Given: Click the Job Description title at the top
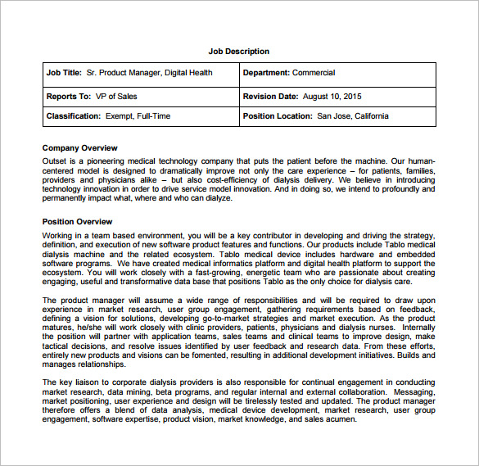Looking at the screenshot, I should (238, 52).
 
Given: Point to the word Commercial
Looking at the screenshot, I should (314, 73).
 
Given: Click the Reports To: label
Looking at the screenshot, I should (69, 96).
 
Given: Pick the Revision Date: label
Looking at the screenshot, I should (269, 96).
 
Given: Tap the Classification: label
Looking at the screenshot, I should (73, 116).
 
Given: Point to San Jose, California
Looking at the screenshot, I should (353, 116).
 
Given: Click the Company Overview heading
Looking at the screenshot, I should (80, 148).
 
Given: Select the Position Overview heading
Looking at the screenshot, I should (77, 222).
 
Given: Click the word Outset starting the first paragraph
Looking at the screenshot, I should (55, 161).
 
